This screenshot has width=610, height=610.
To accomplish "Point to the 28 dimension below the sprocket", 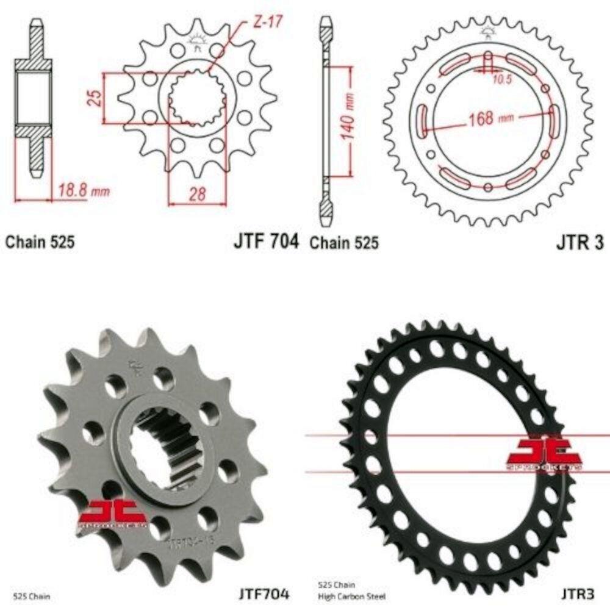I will (x=196, y=194).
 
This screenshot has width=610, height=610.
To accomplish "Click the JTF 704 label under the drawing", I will (x=265, y=242).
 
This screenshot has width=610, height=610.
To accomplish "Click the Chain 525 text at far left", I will (x=40, y=242).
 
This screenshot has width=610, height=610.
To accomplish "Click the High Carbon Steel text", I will (x=343, y=594).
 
